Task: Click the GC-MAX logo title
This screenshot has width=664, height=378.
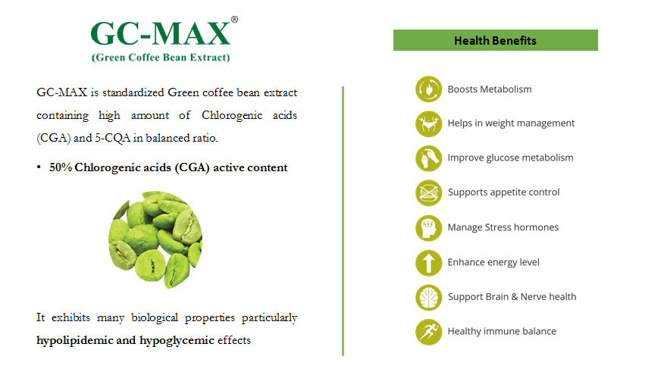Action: [161, 33]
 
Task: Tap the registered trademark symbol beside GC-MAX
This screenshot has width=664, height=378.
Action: [234, 20]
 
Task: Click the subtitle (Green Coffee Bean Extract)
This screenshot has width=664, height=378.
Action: [161, 58]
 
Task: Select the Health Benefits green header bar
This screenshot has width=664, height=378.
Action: [496, 40]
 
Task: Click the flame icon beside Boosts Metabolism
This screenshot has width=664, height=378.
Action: [428, 89]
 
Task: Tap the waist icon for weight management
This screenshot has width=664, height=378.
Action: [428, 123]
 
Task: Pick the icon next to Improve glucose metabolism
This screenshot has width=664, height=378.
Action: [428, 158]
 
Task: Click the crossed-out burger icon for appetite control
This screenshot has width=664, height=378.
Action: [428, 192]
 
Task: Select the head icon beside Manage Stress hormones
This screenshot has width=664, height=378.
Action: [428, 228]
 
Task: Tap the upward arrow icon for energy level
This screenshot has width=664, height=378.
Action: [428, 262]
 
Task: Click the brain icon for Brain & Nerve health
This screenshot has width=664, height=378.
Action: [428, 297]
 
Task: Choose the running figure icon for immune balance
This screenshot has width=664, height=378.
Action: [428, 332]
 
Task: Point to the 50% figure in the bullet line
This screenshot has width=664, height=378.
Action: [61, 167]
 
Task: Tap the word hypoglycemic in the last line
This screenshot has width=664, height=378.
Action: [177, 340]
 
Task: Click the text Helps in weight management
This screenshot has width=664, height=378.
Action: [511, 123]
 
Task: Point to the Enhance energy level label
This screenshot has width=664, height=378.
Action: [493, 262]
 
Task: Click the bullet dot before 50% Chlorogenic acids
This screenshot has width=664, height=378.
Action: [39, 167]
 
